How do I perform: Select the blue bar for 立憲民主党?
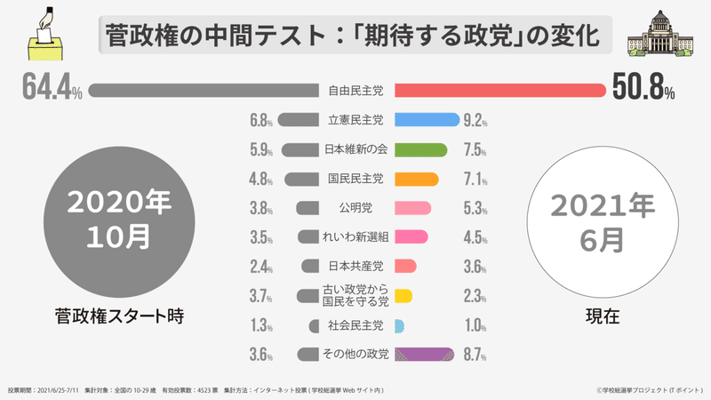tap(426, 120)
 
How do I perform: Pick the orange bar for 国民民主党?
tap(416, 179)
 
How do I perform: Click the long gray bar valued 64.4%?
tap(204, 91)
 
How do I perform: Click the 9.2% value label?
tap(475, 120)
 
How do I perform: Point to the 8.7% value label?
tap(475, 354)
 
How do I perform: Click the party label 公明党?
tap(355, 208)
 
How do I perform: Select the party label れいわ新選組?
tap(355, 237)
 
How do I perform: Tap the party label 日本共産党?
tap(355, 266)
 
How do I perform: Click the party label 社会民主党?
tap(355, 324)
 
